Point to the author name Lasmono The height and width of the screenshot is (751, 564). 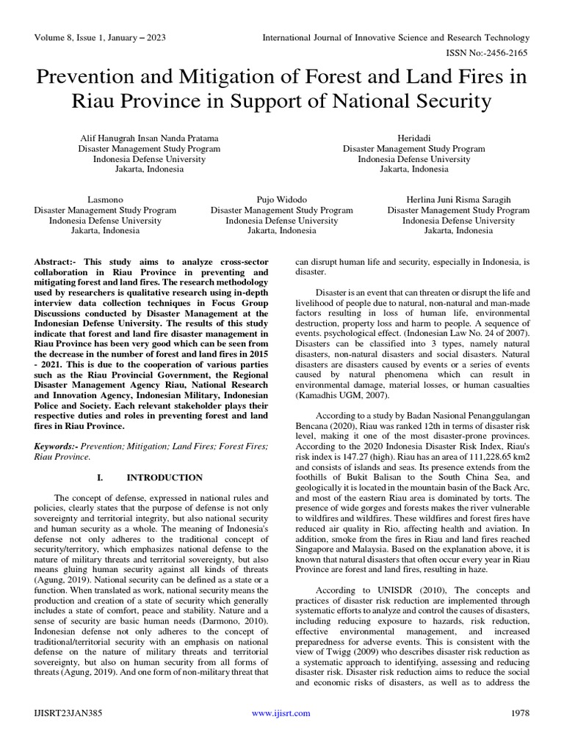coord(105,199)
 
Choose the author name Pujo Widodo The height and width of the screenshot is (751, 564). coord(281,199)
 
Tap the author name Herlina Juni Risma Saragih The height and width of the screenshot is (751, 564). coord(458,199)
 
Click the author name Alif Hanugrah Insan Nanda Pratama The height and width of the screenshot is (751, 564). coord(148,137)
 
